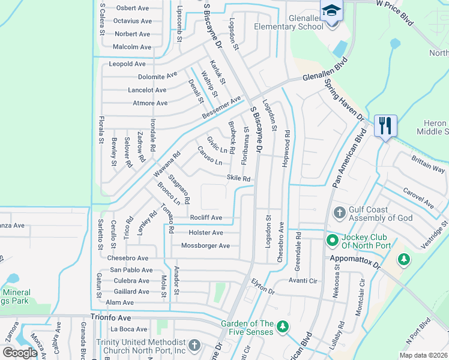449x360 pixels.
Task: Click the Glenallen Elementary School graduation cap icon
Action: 331,11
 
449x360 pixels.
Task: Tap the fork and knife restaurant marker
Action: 385,125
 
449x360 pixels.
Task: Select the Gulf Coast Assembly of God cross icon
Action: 339,212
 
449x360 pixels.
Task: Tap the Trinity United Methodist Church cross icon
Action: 193,346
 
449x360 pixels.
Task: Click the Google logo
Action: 20,353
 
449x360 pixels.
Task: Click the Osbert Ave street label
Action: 132,8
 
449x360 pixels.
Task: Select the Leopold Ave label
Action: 127,64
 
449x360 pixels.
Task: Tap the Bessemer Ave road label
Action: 221,106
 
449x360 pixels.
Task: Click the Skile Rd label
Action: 238,179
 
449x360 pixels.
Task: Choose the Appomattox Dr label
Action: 356,260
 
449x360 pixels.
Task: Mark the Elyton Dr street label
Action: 262,287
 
